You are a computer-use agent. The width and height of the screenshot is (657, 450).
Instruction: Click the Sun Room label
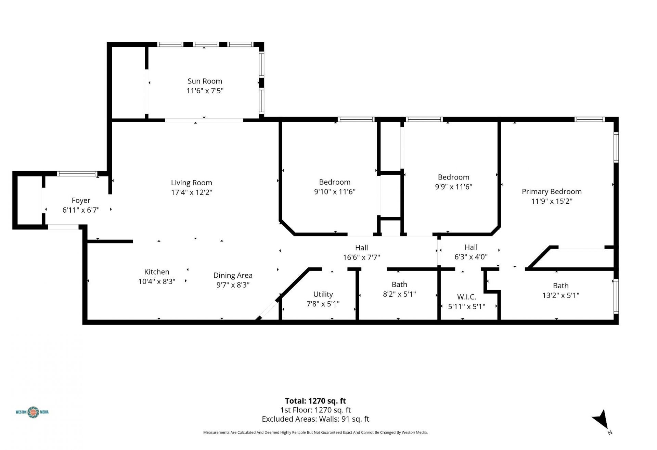[x=205, y=81]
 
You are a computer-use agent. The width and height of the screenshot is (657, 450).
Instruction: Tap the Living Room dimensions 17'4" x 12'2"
[x=191, y=192]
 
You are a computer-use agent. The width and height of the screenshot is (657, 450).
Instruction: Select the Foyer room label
[x=81, y=200]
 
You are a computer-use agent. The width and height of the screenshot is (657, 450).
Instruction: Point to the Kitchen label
[x=157, y=272]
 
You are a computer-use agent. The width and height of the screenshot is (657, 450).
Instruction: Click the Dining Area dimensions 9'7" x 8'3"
[x=233, y=285]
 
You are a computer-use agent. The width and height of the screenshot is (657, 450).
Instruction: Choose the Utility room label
[x=323, y=294]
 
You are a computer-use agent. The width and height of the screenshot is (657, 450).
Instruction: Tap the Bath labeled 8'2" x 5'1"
[x=399, y=284]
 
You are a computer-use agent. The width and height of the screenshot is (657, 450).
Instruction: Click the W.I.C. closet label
[x=466, y=297]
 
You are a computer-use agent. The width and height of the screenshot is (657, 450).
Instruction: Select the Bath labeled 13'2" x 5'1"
[x=561, y=286]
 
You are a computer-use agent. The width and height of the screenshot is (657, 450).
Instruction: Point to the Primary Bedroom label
[x=552, y=191]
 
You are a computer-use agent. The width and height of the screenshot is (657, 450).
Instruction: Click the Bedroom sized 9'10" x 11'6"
[x=335, y=182]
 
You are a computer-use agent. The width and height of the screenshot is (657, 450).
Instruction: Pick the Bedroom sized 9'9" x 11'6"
[x=453, y=177]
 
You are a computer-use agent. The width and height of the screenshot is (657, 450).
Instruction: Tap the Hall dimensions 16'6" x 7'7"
[x=361, y=257]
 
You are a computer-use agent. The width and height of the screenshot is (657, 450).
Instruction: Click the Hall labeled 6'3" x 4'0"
[x=471, y=247]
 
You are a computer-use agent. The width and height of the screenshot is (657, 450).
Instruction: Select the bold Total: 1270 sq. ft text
[x=315, y=401]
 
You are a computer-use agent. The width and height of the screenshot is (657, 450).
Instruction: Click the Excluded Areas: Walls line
[x=315, y=419]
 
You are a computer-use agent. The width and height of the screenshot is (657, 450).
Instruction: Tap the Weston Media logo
[x=32, y=412]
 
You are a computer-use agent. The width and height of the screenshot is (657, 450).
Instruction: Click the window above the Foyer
[x=77, y=174]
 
